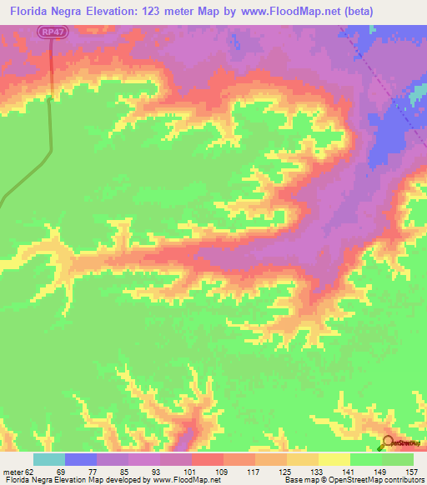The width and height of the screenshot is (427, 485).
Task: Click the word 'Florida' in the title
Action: click(x=32, y=11)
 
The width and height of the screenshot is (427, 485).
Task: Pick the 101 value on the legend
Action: click(x=191, y=471)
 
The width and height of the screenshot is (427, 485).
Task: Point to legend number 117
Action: click(x=254, y=471)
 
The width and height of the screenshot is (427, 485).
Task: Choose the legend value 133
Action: click(x=318, y=471)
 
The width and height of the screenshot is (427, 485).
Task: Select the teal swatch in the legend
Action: click(x=49, y=459)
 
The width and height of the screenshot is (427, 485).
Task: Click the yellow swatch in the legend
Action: click(x=334, y=459)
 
